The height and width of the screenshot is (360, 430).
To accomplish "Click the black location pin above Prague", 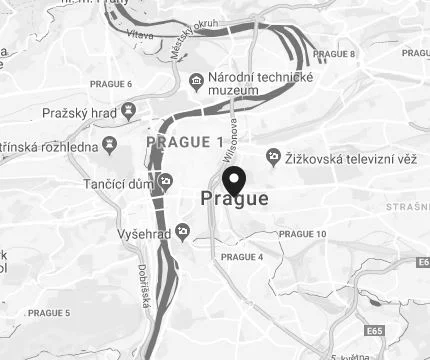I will click(235, 180).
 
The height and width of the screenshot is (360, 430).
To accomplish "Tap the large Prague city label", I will click(235, 199).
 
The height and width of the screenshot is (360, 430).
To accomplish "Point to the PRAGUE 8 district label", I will click(334, 54).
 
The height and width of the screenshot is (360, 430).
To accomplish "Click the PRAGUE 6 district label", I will click(110, 82).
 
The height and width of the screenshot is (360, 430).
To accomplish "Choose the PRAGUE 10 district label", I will click(302, 234).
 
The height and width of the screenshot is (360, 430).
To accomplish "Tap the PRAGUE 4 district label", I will click(241, 257).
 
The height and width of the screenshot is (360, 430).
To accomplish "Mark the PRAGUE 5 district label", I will click(49, 313).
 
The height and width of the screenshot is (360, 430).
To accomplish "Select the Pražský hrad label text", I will click(72, 114).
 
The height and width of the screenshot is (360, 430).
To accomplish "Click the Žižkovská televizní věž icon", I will click(273, 155).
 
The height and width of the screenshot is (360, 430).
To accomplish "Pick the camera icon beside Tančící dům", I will click(167, 180).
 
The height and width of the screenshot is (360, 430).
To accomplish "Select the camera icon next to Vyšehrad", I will click(182, 232).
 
